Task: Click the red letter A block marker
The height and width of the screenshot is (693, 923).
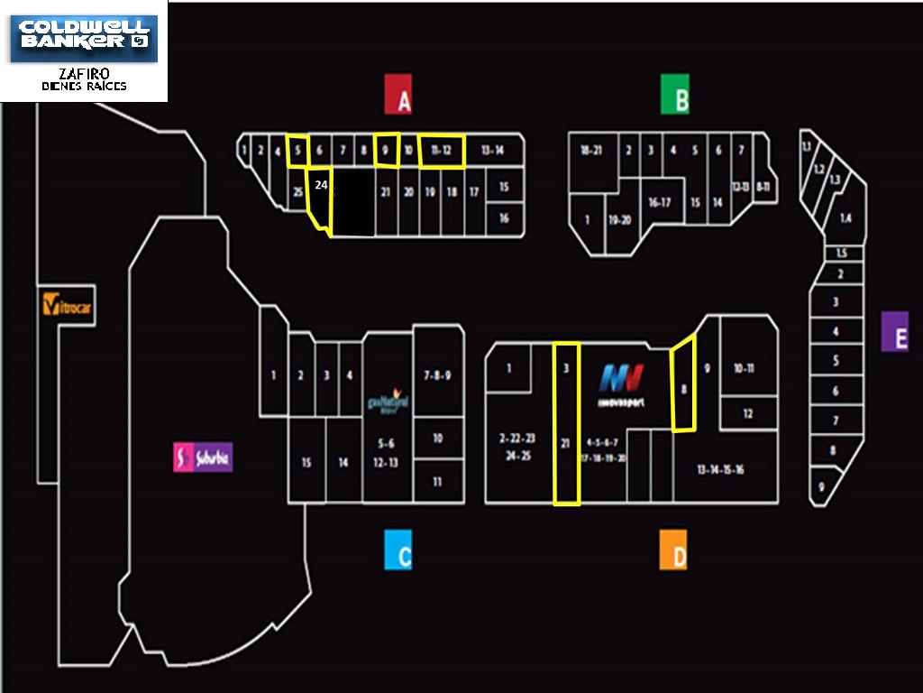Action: [x=398, y=95]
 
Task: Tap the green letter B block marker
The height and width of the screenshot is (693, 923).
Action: [x=674, y=95]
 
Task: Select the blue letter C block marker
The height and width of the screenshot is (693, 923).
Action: [x=398, y=550]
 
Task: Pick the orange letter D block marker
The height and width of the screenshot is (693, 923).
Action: [x=672, y=550]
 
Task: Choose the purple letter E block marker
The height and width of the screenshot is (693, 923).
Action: [x=895, y=331]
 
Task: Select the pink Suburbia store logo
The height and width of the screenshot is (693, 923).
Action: [x=203, y=457]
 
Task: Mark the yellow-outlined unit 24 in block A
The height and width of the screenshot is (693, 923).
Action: [x=321, y=200]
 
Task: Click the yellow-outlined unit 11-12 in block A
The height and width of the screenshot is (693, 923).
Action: [x=442, y=151]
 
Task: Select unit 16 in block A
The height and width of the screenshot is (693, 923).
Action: [x=504, y=218]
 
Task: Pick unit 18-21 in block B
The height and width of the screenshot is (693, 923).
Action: [x=591, y=151]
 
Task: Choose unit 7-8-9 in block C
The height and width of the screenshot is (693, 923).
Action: [x=437, y=374]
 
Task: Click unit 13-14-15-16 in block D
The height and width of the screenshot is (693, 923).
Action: [x=719, y=469]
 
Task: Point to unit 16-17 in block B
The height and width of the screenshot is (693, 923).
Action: [x=659, y=203]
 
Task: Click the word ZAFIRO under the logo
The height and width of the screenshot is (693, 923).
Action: [x=84, y=73]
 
